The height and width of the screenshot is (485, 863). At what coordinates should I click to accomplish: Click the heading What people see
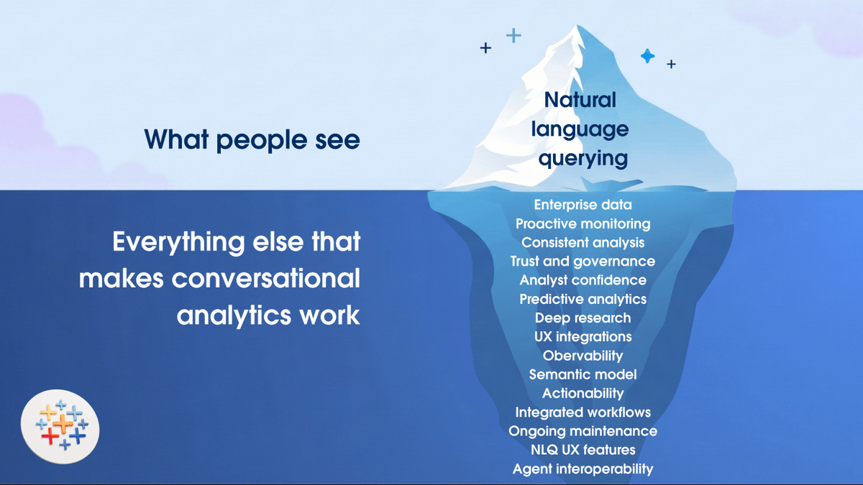pyautogui.click(x=252, y=139)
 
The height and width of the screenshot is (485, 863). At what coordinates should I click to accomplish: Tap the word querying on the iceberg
pyautogui.click(x=583, y=157)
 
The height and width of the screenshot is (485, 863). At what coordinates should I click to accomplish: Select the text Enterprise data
pyautogui.click(x=583, y=205)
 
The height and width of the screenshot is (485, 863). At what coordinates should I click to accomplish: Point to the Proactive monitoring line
pyautogui.click(x=583, y=224)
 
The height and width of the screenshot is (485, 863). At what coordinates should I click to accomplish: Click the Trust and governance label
pyautogui.click(x=583, y=262)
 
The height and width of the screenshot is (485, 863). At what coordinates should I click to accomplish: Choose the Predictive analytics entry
pyautogui.click(x=583, y=299)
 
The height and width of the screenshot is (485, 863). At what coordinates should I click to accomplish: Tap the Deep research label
pyautogui.click(x=583, y=318)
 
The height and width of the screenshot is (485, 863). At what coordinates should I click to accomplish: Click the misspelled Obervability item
pyautogui.click(x=583, y=355)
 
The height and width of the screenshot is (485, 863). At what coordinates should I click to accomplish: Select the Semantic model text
pyautogui.click(x=583, y=374)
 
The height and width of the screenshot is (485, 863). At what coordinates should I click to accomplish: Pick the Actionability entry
pyautogui.click(x=583, y=393)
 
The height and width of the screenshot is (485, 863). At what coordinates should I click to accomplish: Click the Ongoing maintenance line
pyautogui.click(x=583, y=431)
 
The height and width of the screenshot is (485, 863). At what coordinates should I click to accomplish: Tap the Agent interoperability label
pyautogui.click(x=583, y=469)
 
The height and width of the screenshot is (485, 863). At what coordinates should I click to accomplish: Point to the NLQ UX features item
pyautogui.click(x=583, y=450)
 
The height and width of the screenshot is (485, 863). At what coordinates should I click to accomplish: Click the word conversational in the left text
pyautogui.click(x=266, y=278)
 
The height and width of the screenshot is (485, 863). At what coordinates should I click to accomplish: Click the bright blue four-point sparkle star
pyautogui.click(x=647, y=56)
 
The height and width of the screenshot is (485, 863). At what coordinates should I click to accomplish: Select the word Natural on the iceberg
pyautogui.click(x=580, y=99)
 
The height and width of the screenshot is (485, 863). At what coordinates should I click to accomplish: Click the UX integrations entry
pyautogui.click(x=583, y=336)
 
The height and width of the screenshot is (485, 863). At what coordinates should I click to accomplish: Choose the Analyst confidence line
pyautogui.click(x=583, y=280)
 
